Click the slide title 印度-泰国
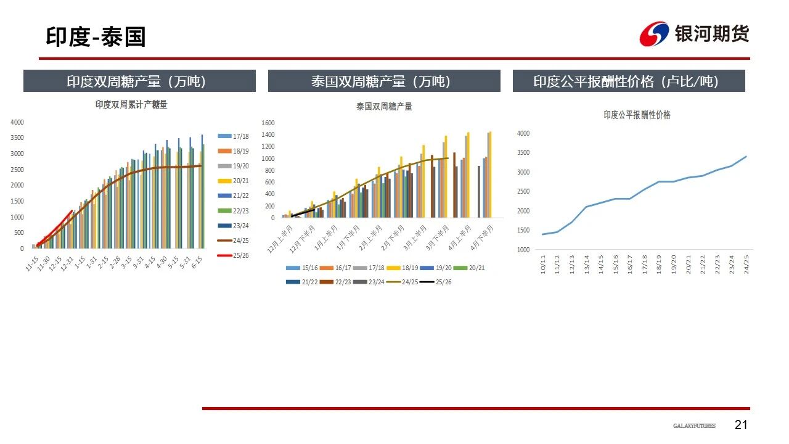[96, 37]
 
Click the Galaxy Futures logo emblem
[654, 34]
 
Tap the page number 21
[741, 425]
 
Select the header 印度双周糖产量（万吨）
[139, 81]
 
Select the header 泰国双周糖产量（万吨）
[384, 81]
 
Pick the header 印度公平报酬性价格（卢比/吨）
[629, 81]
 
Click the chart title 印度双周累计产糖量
[131, 105]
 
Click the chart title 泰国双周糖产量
[384, 106]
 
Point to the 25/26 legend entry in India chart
[234, 255]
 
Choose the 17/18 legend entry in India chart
[234, 136]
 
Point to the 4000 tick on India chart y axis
[17, 122]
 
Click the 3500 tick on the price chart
[523, 152]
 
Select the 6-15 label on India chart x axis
[197, 261]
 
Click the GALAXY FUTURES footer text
[694, 426]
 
